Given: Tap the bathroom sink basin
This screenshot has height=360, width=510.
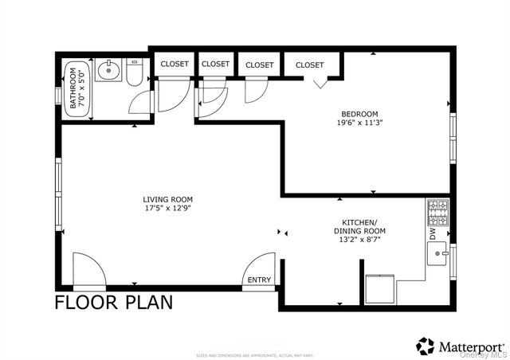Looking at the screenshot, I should pyautogui.click(x=108, y=72).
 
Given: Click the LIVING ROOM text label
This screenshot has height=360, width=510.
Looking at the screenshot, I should pyautogui.click(x=167, y=199).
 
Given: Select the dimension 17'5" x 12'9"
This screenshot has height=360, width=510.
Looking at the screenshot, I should pyautogui.click(x=167, y=209).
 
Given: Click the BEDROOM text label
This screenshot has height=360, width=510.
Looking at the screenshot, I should pyautogui.click(x=359, y=114).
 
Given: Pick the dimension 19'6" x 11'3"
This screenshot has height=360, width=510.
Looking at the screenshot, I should pyautogui.click(x=359, y=123).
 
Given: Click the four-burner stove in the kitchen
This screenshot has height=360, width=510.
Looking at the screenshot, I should pyautogui.click(x=437, y=213).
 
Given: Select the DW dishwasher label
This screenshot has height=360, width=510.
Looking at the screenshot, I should pyautogui.click(x=433, y=236).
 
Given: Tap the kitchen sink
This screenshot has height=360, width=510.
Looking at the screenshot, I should pyautogui.click(x=437, y=255).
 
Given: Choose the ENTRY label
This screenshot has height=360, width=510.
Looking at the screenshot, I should pyautogui.click(x=259, y=280).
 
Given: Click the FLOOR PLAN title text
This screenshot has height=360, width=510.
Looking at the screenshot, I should pyautogui.click(x=113, y=303).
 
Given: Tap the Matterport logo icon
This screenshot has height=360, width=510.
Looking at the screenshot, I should pyautogui.click(x=426, y=346).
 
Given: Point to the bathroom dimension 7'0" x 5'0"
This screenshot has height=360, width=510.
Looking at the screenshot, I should pyautogui.click(x=81, y=88).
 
